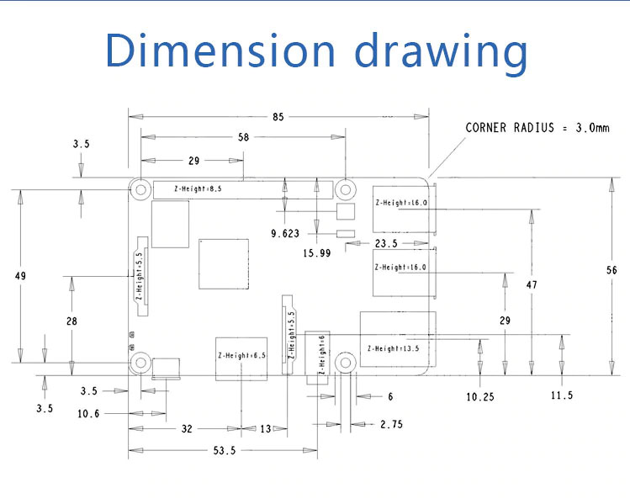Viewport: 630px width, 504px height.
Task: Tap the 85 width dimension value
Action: pos(278,117)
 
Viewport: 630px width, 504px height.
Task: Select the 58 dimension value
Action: pos(244,137)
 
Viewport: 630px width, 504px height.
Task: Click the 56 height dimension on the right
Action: pos(611,270)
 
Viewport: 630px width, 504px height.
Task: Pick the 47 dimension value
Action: pos(532,285)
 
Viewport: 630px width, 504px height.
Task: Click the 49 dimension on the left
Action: pos(20,276)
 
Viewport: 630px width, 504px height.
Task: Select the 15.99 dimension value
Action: pos(316,252)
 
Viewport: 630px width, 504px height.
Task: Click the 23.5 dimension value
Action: pos(387,244)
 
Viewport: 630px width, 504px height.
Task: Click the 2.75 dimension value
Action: pos(391,425)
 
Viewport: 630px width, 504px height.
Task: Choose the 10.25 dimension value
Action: pos(479,396)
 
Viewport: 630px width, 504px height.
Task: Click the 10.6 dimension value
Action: pos(89,413)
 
